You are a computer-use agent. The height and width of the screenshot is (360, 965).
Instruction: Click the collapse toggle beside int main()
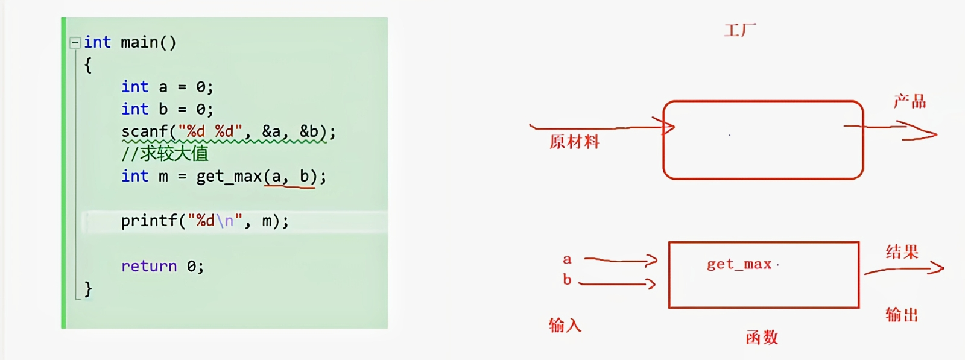point(75,42)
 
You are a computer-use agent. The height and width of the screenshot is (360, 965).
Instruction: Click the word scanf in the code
point(145,131)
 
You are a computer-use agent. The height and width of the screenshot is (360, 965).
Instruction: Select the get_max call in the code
point(229,177)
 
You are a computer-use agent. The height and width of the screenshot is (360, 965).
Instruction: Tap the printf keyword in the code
point(149,221)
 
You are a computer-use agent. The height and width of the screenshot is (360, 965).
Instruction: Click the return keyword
point(149,266)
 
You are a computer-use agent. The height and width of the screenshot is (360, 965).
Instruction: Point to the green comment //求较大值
point(165,154)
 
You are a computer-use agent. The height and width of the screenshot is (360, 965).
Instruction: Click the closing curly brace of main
point(88,289)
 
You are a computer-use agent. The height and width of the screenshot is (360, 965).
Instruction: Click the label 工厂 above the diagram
point(739,30)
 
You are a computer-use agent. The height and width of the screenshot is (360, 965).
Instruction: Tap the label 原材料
point(574,142)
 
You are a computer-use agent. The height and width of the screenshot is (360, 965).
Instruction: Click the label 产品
point(910,101)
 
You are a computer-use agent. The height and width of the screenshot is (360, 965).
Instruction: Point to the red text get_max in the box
point(739,264)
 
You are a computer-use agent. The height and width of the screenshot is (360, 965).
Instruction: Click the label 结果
point(902,251)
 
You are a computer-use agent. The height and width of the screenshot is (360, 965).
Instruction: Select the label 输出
point(902,314)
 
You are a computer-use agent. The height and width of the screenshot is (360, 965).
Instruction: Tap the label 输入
point(565,326)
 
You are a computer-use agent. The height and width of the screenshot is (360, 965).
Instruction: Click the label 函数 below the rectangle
point(762,337)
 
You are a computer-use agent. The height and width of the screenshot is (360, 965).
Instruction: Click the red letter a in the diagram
point(567,260)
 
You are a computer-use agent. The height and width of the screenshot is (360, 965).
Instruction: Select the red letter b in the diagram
point(567,280)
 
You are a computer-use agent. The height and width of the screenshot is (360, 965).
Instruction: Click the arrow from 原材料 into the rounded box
point(603,127)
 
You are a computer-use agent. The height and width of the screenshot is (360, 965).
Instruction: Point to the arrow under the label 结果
point(905,269)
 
